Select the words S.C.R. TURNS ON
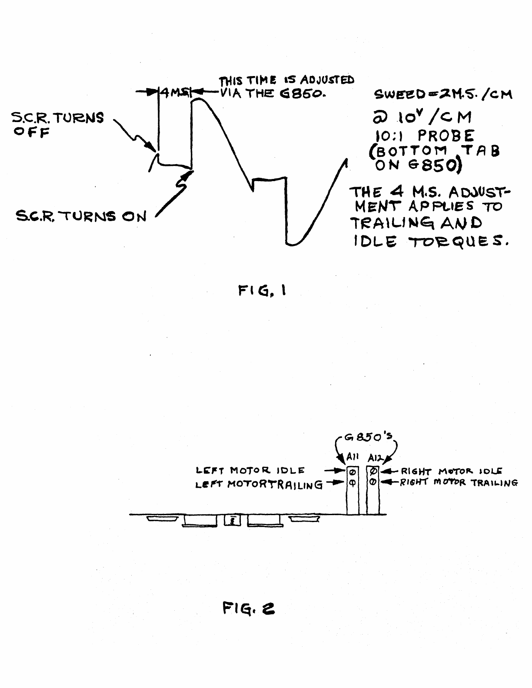[x=81, y=216]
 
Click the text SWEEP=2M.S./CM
[x=443, y=94]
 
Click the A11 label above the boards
[x=352, y=457]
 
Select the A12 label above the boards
[x=374, y=457]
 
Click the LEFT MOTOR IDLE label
[x=250, y=470]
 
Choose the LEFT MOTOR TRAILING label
[x=259, y=483]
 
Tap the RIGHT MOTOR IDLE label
[x=451, y=471]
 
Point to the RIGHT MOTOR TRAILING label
[x=459, y=483]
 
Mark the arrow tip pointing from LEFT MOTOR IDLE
[x=345, y=470]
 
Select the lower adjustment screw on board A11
[x=352, y=483]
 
